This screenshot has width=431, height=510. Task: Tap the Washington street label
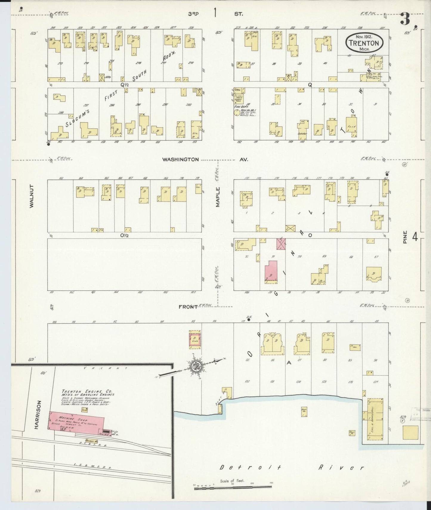pos(180,160)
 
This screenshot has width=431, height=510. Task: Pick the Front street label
pos(188,307)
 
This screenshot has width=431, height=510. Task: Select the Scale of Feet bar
pos(233,487)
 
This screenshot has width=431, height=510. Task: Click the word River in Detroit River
pos(341,468)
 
